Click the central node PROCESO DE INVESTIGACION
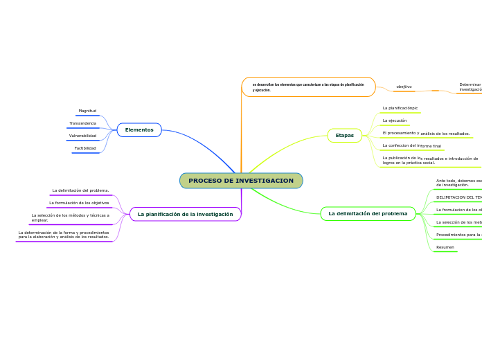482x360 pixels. tap(241, 181)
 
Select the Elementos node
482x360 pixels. tap(139, 130)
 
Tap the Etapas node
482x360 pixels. tap(344, 136)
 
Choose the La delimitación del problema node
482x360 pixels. tap(368, 214)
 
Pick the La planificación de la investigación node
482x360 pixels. tap(185, 215)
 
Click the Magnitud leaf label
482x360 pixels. tap(87, 111)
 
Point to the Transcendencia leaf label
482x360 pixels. tap(82, 123)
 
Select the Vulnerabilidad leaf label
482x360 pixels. tap(82, 136)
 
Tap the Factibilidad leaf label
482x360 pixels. tap(85, 148)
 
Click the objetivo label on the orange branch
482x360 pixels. tap(404, 87)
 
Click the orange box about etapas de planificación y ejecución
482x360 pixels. tap(308, 87)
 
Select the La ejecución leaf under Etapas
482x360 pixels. tap(395, 120)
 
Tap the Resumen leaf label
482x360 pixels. tap(445, 247)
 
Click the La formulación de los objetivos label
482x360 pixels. tap(79, 203)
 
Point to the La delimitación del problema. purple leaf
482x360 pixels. tap(80, 190)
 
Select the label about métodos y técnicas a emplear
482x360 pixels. tap(70, 217)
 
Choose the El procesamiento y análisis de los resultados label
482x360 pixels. tap(426, 133)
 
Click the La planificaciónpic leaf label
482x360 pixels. tap(400, 108)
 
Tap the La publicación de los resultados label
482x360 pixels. tap(429, 160)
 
